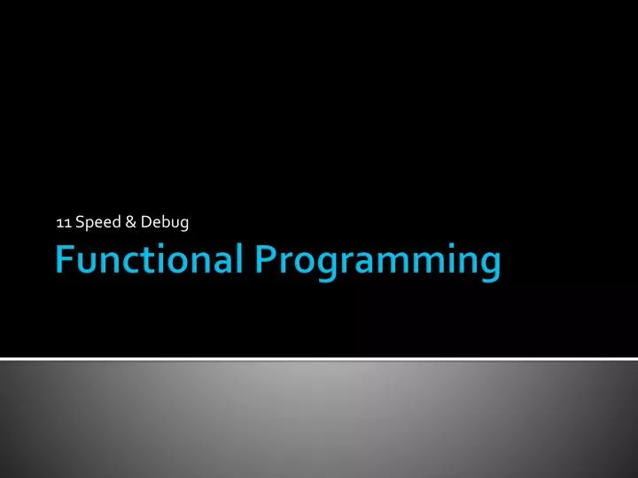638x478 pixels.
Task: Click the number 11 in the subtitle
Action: click(63, 222)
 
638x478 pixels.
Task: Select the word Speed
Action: click(98, 222)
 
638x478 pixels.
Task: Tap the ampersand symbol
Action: click(131, 222)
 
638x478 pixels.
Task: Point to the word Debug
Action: click(165, 223)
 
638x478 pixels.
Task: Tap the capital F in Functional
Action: click(65, 260)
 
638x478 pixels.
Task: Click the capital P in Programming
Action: click(267, 260)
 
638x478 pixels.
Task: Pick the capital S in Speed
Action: click(81, 222)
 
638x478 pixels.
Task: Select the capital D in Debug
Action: click(146, 222)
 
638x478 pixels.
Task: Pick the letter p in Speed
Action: click(90, 225)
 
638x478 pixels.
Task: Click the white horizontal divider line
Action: click(319, 358)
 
